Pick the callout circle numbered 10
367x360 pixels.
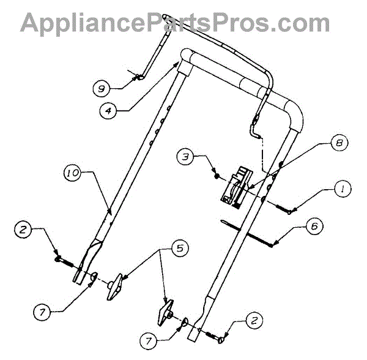(72, 174)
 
